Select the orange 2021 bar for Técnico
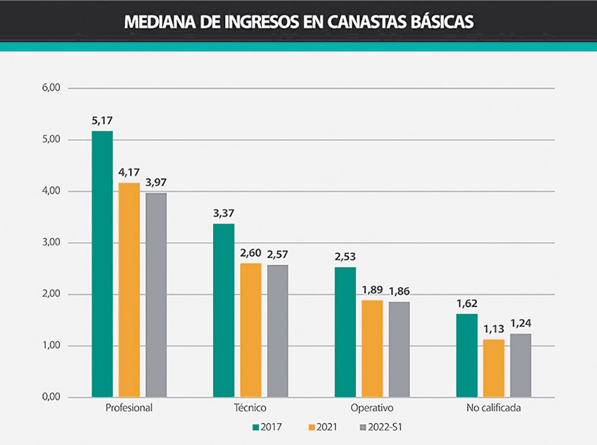(251, 330)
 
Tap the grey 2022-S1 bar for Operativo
(399, 349)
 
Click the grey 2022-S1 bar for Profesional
(156, 295)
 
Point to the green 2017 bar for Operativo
(345, 332)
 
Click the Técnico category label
(250, 409)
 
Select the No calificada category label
(493, 409)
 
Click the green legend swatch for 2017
(255, 427)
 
